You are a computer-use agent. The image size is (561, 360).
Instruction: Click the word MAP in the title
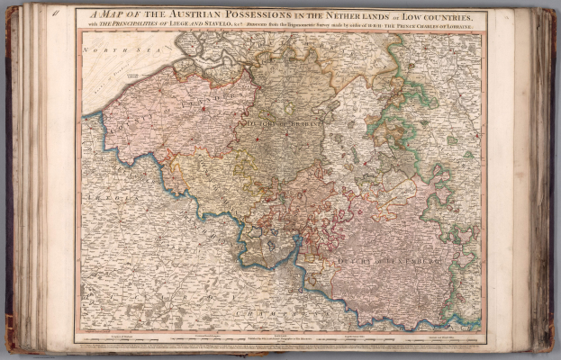[112, 14]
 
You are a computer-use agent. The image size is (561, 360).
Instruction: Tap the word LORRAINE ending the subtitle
[460, 26]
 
